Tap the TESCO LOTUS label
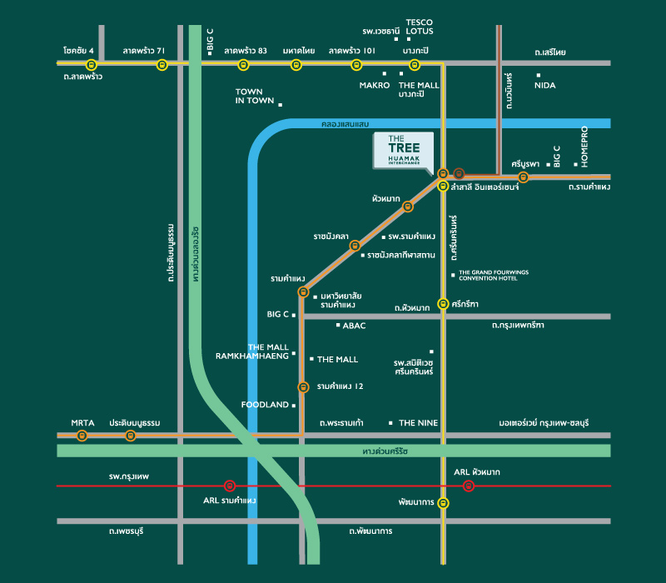click(420, 27)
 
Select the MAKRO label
click(375, 85)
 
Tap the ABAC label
click(354, 326)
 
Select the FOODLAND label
click(264, 405)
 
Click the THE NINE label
click(418, 424)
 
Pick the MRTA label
click(82, 423)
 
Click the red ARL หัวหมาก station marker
click(469, 486)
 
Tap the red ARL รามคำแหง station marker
click(230, 486)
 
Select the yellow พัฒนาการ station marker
click(443, 503)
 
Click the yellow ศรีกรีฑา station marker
click(443, 304)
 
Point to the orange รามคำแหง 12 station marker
click(303, 387)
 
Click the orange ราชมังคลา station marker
click(355, 246)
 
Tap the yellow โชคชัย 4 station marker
click(92, 64)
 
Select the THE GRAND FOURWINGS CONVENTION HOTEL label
click(494, 275)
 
